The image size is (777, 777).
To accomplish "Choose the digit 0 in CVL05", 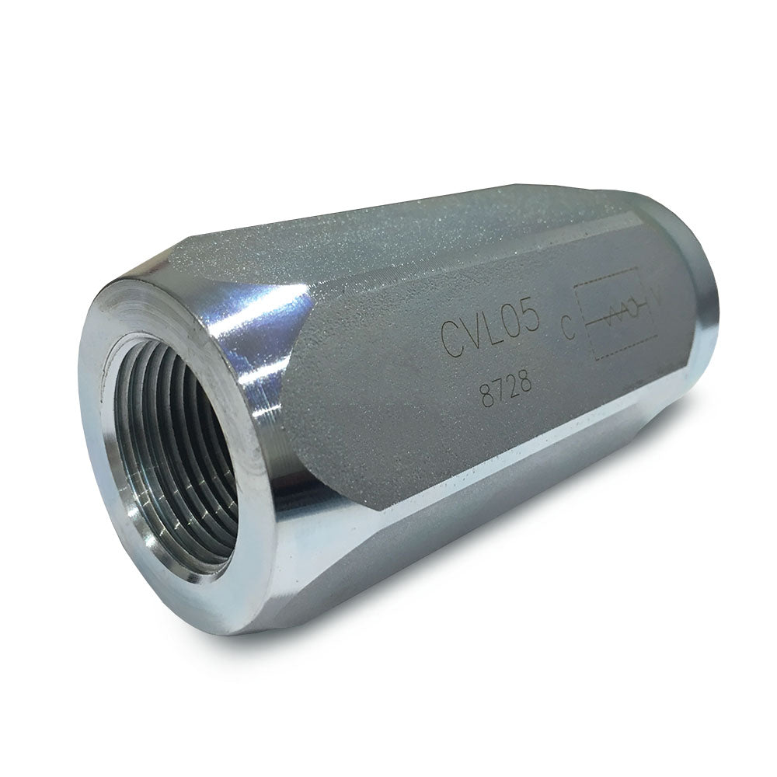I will click(x=512, y=326).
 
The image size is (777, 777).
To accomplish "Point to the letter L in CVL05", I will click(x=490, y=332).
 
